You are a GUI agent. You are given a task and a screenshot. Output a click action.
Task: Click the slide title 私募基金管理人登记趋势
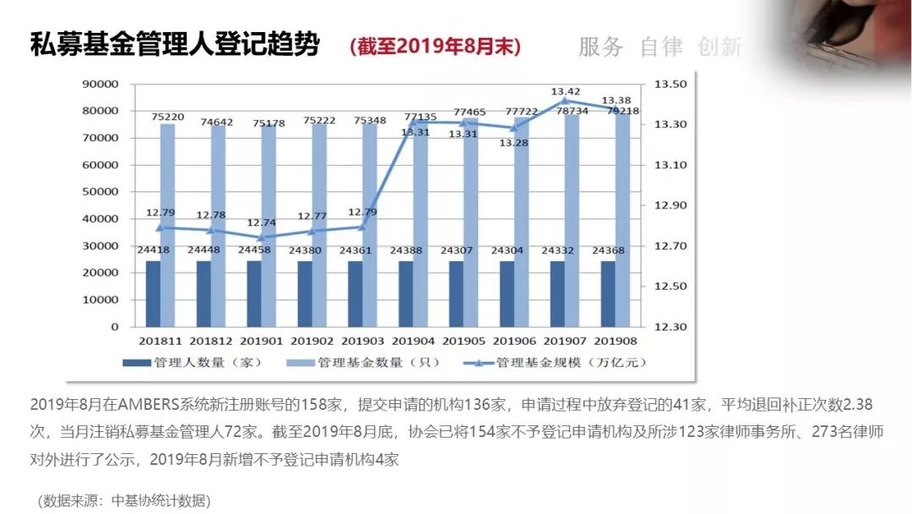[175, 45]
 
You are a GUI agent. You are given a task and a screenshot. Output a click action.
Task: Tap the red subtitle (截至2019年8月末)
[436, 46]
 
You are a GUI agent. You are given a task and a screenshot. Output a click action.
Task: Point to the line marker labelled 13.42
[565, 101]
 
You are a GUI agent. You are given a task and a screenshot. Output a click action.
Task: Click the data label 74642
[220, 122]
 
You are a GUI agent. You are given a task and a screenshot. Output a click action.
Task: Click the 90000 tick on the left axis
[100, 84]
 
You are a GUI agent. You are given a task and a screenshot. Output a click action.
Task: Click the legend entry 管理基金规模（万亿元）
[556, 363]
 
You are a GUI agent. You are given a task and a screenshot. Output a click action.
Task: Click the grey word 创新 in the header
[720, 47]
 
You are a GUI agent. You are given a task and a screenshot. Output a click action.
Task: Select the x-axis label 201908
[616, 341]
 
